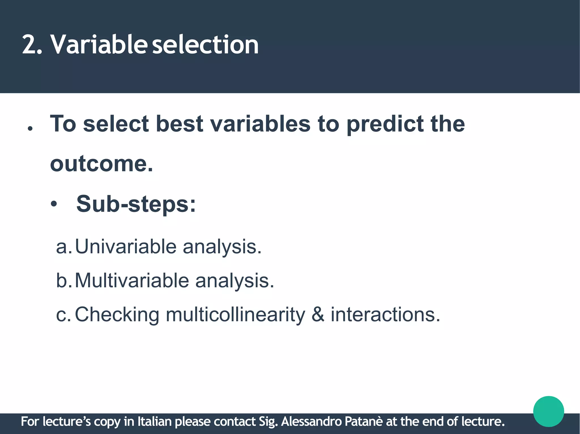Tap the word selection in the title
[206, 45]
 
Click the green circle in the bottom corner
[548, 411]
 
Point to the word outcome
[101, 164]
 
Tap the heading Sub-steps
[136, 204]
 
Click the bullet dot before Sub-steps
[54, 205]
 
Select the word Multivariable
[132, 281]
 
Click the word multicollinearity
[235, 315]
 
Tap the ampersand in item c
[318, 315]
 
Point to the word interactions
[385, 315]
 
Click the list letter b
[62, 281]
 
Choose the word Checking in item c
[117, 315]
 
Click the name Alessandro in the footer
[311, 422]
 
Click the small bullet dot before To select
[30, 129]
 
